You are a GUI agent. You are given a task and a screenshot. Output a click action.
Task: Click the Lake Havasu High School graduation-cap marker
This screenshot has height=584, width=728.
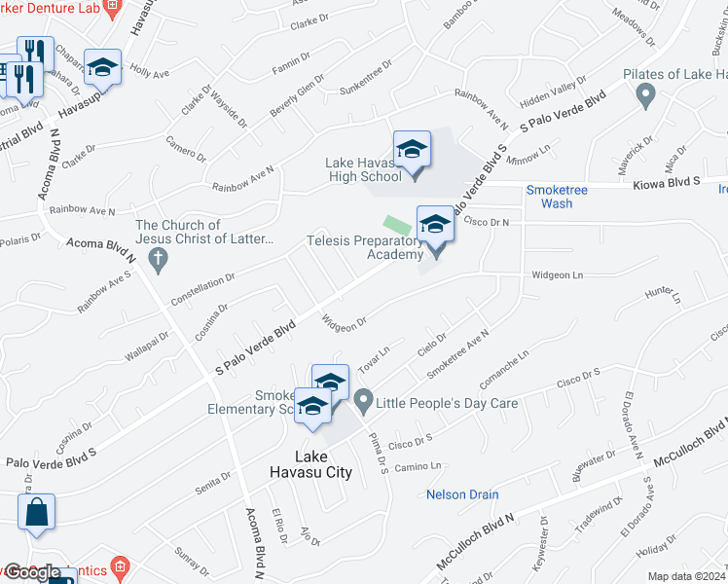tap(412, 149)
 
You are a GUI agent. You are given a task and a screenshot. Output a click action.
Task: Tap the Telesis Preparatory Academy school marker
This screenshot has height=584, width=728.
tap(435, 225)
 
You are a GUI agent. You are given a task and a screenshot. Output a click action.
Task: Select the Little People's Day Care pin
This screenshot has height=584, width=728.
tap(363, 398)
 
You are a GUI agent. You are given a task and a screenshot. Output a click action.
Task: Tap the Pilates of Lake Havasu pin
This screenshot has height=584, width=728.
tap(643, 95)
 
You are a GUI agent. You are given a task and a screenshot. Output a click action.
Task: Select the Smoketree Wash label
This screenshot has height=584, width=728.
tap(557, 197)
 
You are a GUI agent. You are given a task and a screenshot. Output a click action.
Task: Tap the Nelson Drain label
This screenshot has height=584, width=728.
tap(462, 494)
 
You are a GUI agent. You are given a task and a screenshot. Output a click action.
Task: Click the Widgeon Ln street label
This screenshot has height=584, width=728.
tap(557, 275)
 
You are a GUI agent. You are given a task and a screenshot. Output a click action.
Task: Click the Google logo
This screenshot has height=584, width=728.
tap(33, 572)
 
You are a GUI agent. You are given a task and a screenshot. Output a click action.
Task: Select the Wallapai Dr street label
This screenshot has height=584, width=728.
tap(147, 347)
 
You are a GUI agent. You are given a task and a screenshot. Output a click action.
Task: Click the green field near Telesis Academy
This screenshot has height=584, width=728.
tap(394, 226)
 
